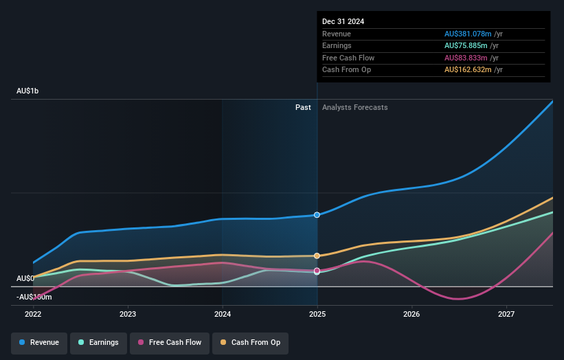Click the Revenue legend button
pyautogui.click(x=39, y=342)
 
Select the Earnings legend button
pyautogui.click(x=98, y=342)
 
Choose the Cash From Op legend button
pyautogui.click(x=250, y=342)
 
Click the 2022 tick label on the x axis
pyautogui.click(x=33, y=314)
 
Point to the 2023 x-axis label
pyautogui.click(x=127, y=314)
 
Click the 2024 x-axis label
pyautogui.click(x=222, y=314)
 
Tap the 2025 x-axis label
pyautogui.click(x=317, y=314)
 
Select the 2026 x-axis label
pyautogui.click(x=411, y=314)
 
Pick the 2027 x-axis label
pyautogui.click(x=506, y=314)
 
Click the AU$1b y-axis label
pyautogui.click(x=27, y=91)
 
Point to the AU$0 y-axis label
pyautogui.click(x=25, y=278)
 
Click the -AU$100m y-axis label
pyautogui.click(x=34, y=297)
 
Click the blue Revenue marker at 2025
pyautogui.click(x=317, y=215)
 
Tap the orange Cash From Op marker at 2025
pyautogui.click(x=317, y=256)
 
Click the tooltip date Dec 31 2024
pyautogui.click(x=343, y=21)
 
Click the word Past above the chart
pyautogui.click(x=303, y=107)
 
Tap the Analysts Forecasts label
pyautogui.click(x=354, y=107)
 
